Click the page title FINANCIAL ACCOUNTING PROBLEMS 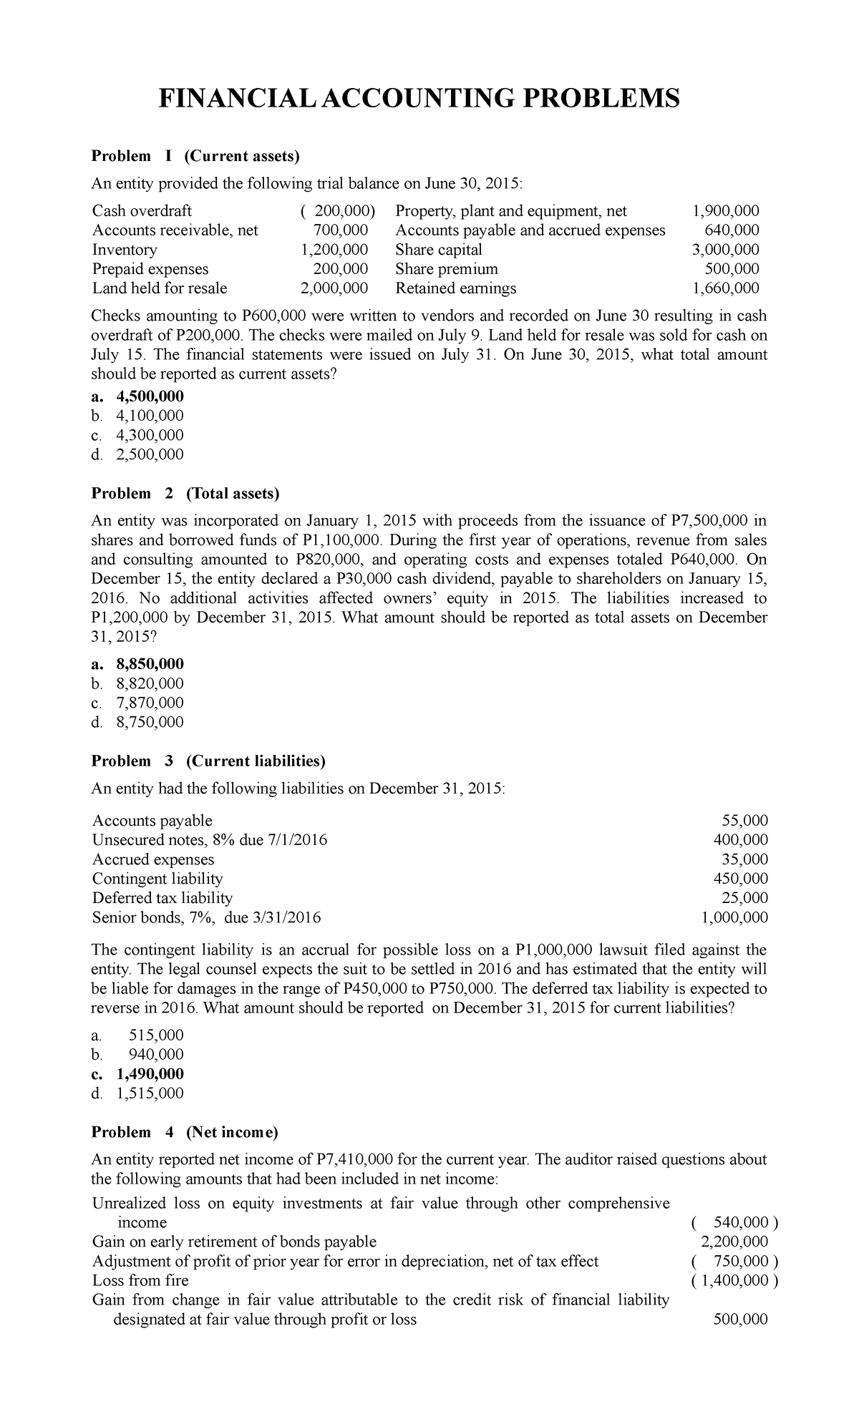click(x=419, y=97)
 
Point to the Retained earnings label click(x=455, y=288)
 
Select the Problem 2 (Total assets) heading click(x=185, y=493)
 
